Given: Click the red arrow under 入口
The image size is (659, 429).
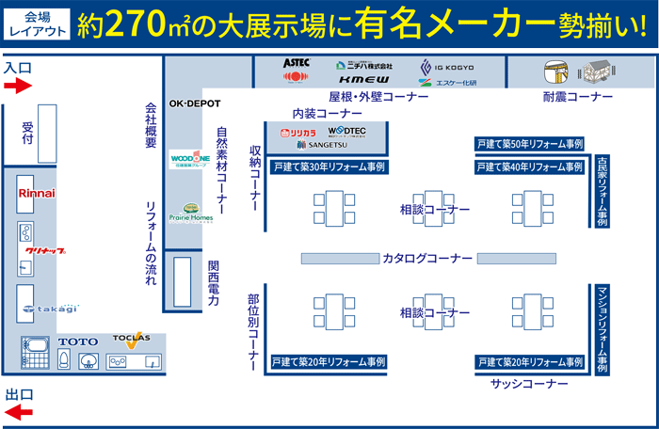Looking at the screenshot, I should tap(18, 87).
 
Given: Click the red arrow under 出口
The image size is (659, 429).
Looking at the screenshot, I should tap(18, 411).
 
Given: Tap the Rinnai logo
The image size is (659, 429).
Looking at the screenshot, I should tap(37, 193).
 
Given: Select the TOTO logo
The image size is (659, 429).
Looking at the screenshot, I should tap(77, 342).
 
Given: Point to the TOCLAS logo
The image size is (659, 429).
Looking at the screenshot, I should tap(131, 338).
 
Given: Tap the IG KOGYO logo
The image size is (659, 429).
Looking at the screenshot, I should tap(448, 68).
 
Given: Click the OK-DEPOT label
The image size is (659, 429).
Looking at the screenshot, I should tap(193, 102).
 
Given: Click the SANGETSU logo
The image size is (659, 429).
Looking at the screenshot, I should tap(325, 146).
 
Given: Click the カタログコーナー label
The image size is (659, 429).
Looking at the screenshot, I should tap(427, 259).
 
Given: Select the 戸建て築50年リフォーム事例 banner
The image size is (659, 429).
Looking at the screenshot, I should tap(530, 144).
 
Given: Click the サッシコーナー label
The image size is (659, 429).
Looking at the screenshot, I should tap(529, 384).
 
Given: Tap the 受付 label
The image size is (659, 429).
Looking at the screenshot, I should tap(27, 133).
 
